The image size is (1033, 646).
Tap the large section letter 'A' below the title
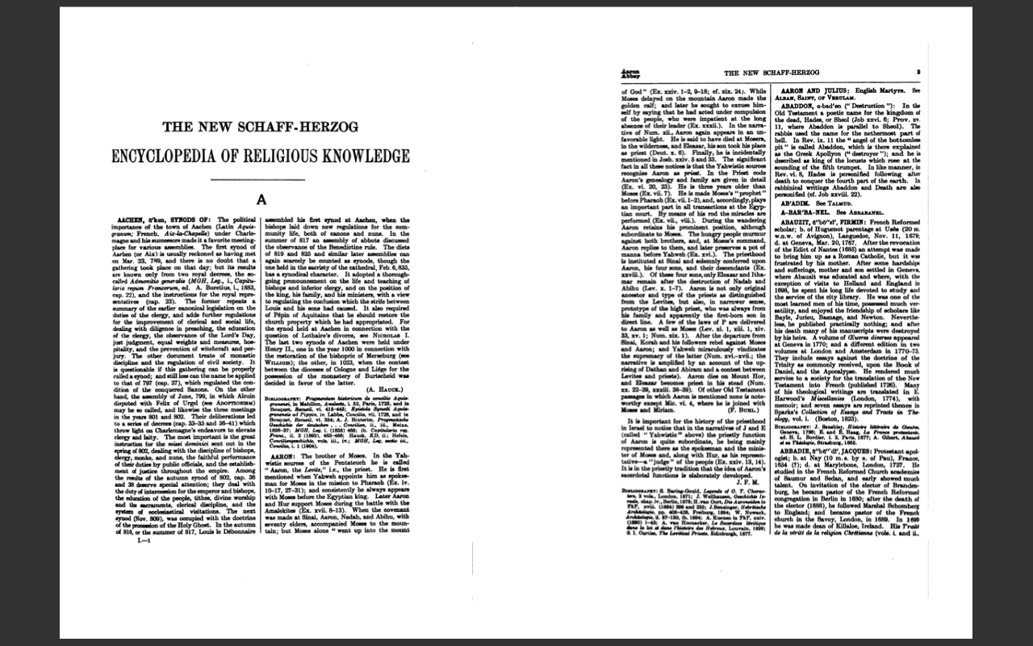(x=261, y=200)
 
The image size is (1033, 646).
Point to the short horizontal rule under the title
(x=261, y=179)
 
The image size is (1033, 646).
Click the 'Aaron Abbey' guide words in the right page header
(x=629, y=73)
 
